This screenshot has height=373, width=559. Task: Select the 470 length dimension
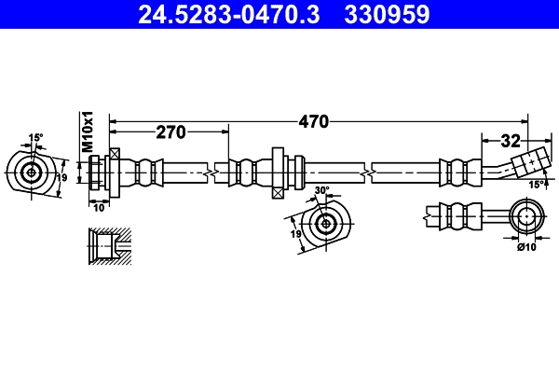coord(314,121)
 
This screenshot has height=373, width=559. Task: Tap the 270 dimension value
coord(170,132)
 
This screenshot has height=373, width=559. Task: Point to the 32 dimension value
coord(510,142)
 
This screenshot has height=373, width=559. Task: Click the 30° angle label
coord(322,190)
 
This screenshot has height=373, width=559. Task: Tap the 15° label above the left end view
coord(35,138)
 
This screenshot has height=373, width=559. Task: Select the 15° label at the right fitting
coord(536,185)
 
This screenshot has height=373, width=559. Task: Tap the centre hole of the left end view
coord(32,173)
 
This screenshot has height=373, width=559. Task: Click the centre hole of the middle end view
coord(325,223)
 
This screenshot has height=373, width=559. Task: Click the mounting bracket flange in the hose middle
coord(278,172)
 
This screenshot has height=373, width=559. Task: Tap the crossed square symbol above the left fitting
coord(115,154)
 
